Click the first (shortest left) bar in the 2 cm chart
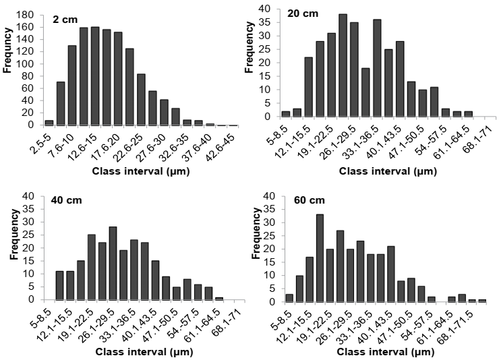coord(49,122)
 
